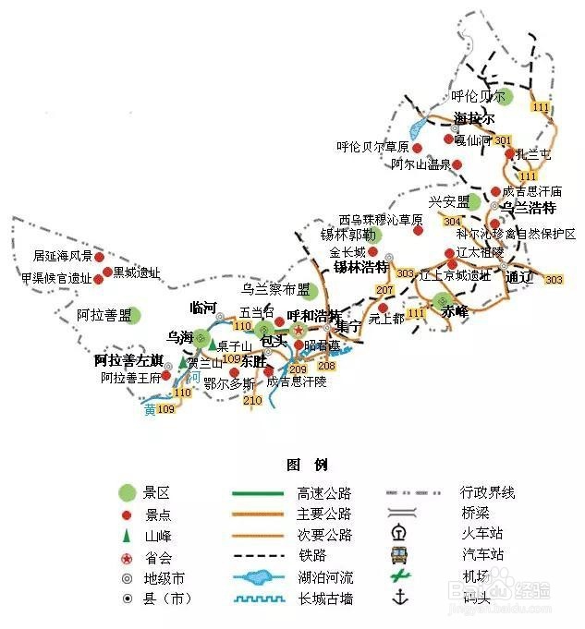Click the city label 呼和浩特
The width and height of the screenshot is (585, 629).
pos(312,316)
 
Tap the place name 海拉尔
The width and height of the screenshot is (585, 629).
pos(474,118)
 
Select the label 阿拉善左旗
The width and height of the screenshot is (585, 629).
pos(129,359)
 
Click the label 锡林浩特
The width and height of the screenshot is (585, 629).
pos(360,268)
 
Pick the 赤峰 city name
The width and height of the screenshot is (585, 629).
pos(456,311)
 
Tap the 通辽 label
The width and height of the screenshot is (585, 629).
pos(520,277)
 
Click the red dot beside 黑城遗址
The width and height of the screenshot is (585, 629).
pos(107,272)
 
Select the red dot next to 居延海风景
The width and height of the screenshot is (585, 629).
pos(99,255)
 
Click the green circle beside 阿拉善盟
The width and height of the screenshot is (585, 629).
pos(135,316)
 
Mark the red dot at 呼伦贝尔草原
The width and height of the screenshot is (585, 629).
pos(417,147)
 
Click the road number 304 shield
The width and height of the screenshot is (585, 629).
pos(452,222)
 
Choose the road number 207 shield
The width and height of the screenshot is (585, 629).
pos(384,291)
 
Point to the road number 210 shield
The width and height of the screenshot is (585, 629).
pos(252,401)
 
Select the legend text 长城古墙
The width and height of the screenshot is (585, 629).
pos(325,599)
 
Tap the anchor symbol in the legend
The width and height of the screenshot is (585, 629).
pos(400,599)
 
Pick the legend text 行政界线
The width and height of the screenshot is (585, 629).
pos(488,492)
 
